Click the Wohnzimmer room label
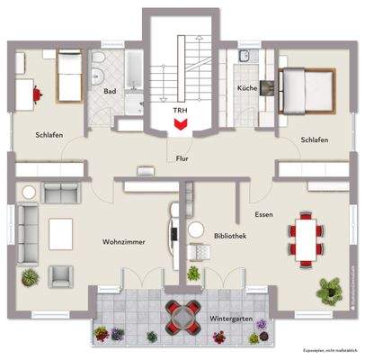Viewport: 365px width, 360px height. [124, 242]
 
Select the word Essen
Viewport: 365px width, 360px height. [263, 215]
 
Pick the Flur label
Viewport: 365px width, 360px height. [182, 157]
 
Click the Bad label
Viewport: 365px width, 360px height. [110, 91]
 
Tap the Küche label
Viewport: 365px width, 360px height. [247, 88]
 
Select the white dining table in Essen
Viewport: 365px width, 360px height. [306, 238]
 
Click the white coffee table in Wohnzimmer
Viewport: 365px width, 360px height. [60, 233]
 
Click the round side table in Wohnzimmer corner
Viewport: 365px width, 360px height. [28, 191]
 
